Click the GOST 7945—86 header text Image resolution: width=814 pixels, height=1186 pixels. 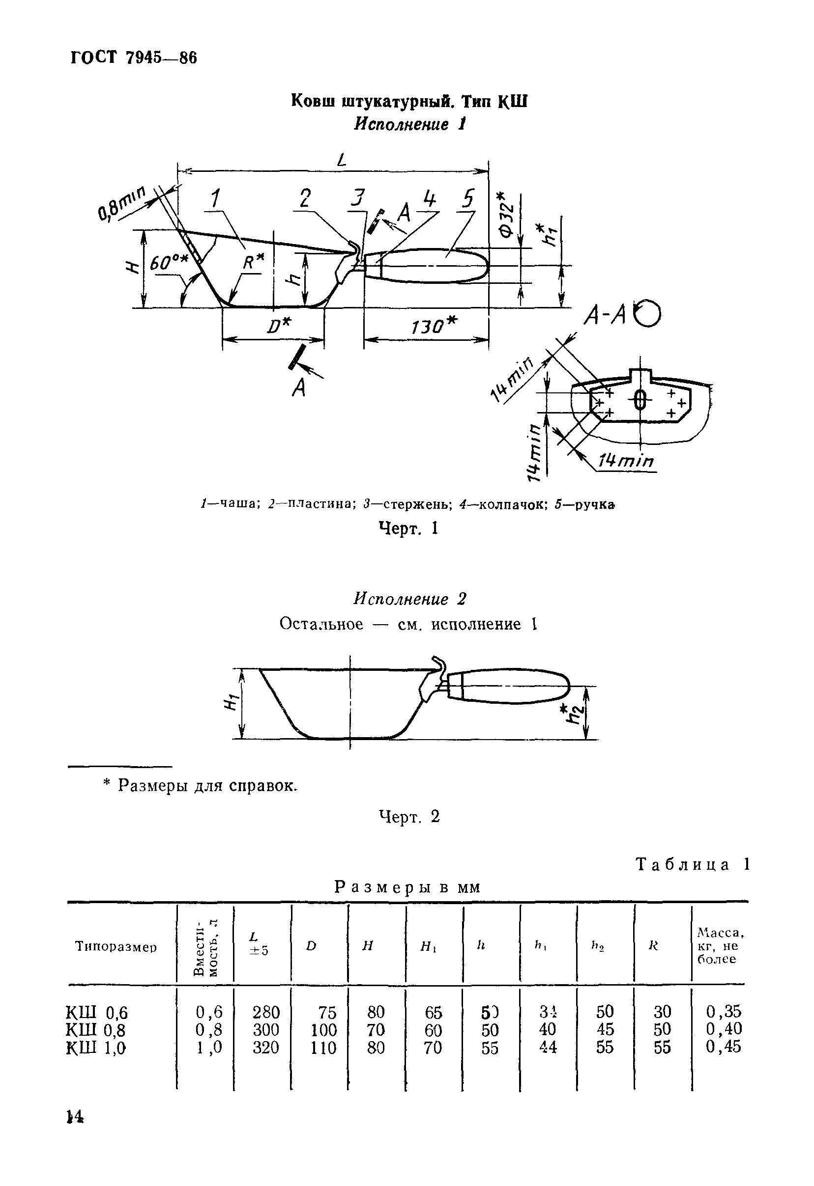[x=133, y=58]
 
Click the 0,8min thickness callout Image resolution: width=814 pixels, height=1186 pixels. [x=121, y=203]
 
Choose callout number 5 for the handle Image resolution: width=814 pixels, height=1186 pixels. [x=468, y=198]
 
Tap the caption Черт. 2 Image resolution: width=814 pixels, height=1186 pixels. [x=409, y=817]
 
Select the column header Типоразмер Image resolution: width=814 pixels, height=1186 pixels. [x=116, y=947]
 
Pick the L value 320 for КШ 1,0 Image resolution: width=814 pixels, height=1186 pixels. [x=266, y=1048]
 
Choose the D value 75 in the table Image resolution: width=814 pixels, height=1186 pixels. [x=327, y=1012]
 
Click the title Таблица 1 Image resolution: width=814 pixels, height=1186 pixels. [x=693, y=864]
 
